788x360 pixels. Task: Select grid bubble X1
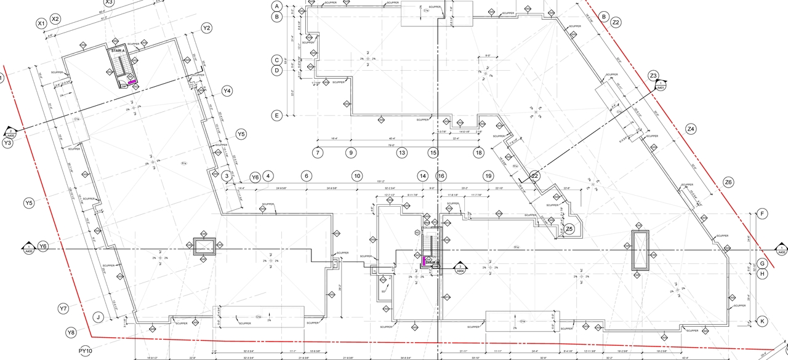(41, 23)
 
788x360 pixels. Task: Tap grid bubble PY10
(86, 351)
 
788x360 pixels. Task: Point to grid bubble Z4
(691, 129)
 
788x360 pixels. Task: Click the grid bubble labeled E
(277, 115)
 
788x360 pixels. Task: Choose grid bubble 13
(402, 153)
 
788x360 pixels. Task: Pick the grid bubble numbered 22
(535, 176)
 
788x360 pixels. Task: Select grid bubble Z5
(569, 229)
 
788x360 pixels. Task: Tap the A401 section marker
(661, 87)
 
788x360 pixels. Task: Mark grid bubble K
(762, 321)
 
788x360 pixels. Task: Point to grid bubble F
(762, 214)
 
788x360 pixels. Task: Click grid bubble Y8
(71, 332)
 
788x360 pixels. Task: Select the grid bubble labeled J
(97, 318)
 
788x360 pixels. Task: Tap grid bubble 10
(356, 176)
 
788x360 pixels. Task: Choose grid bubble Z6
(729, 182)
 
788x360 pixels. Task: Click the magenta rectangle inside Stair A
(132, 81)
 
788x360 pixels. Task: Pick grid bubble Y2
(207, 28)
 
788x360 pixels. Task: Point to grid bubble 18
(478, 153)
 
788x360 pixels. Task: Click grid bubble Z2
(616, 22)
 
